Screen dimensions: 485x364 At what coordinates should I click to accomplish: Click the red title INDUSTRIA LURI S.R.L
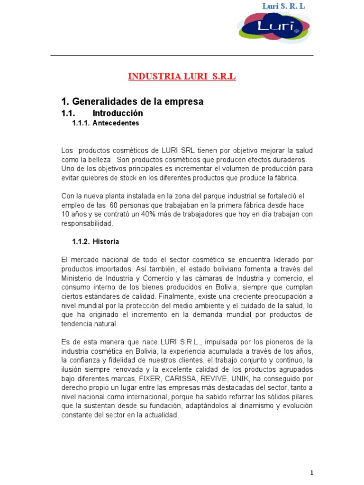pos(182,77)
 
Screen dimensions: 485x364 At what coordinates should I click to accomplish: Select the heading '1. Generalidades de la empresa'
pos(132,102)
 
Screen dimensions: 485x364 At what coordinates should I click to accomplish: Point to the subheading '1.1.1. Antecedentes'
pos(105,123)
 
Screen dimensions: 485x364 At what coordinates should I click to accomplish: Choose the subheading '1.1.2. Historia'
pos(95,242)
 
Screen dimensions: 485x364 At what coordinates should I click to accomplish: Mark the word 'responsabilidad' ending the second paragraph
pos(87,224)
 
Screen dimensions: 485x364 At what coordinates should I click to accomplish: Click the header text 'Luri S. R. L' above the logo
pos(284,6)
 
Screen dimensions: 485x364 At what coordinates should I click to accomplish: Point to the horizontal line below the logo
pos(182,56)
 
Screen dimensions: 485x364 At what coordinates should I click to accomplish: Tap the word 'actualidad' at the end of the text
pos(162,415)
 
